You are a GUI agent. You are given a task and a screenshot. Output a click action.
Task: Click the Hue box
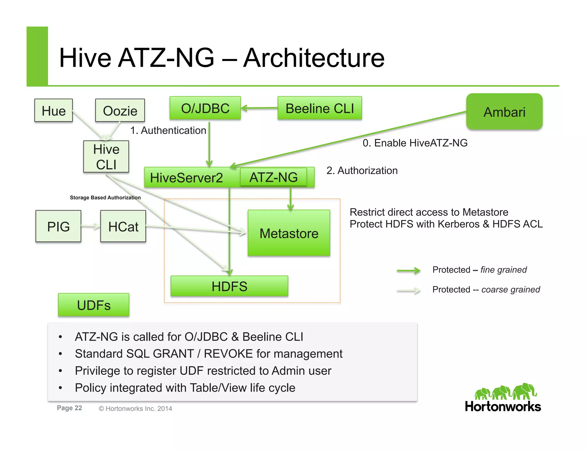54,111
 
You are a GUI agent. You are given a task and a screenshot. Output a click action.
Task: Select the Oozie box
120,111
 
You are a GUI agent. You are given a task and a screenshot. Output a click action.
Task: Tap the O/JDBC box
205,108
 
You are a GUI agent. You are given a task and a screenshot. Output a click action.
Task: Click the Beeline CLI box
320,108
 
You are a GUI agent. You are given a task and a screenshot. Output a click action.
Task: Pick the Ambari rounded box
504,112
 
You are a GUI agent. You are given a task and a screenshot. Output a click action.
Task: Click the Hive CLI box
106,157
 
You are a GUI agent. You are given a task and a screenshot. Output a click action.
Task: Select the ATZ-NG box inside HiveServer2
273,177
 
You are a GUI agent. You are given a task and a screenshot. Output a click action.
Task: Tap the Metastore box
289,233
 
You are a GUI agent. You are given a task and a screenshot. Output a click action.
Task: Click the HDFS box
229,286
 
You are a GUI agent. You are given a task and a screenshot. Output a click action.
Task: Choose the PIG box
58,226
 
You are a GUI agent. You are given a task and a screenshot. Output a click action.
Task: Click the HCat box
123,226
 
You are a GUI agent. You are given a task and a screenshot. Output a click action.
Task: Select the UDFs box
94,305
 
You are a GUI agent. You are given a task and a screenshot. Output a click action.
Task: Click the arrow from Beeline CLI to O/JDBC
259,108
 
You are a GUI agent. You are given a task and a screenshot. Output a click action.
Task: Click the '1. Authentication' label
168,131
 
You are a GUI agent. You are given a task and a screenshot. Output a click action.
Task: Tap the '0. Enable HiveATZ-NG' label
415,143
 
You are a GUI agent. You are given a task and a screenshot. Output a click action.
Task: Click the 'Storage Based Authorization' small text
105,198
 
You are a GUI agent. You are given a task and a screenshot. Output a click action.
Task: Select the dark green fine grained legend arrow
409,270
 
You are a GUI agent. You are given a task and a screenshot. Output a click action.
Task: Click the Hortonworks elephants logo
506,392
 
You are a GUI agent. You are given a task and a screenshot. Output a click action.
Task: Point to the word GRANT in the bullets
173,354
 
